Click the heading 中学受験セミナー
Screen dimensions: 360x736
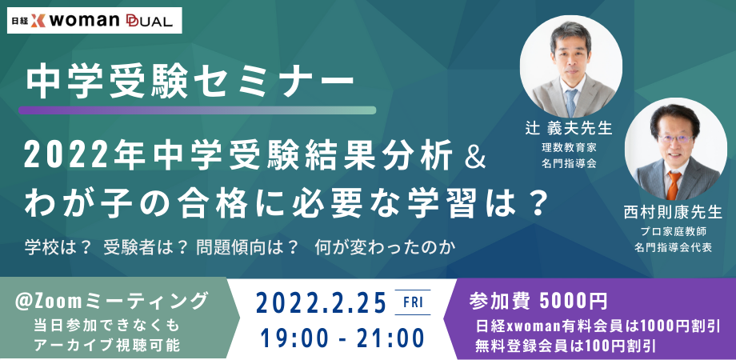coord(189,80)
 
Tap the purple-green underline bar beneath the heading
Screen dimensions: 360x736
coord(197,110)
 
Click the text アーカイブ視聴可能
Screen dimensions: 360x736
coord(111,345)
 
